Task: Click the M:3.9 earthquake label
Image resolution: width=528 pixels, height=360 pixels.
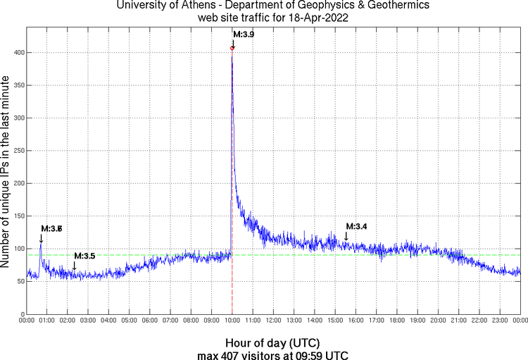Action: [x=244, y=35]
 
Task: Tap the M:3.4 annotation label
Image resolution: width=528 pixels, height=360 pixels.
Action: [x=356, y=226]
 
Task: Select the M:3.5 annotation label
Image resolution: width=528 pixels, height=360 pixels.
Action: [x=84, y=256]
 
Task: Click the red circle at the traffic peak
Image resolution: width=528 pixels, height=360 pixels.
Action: [x=232, y=48]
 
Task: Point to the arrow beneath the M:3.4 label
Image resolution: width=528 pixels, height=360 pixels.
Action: [x=346, y=236]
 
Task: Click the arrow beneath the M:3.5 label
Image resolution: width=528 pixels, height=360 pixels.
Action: [x=75, y=266]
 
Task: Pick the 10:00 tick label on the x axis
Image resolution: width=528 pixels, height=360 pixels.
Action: [x=232, y=321]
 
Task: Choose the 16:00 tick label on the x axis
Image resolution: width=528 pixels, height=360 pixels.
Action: [x=356, y=321]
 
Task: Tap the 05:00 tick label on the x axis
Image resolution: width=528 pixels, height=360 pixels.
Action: [x=130, y=321]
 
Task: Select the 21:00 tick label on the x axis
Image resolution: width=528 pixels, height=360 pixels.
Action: [x=459, y=321]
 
